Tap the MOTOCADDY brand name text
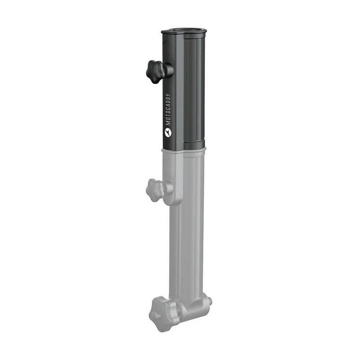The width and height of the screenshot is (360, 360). tap(167, 109)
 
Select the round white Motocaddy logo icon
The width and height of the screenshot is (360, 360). tap(167, 132)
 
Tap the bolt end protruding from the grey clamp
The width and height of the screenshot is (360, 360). tap(210, 301)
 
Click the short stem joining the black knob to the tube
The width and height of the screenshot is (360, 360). tap(169, 70)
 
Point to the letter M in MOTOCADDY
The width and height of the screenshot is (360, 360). tap(167, 123)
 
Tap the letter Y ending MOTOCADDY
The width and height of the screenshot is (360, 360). tap(167, 95)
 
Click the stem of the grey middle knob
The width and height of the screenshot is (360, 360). tap(168, 188)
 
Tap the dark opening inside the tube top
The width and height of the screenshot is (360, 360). tap(184, 30)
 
